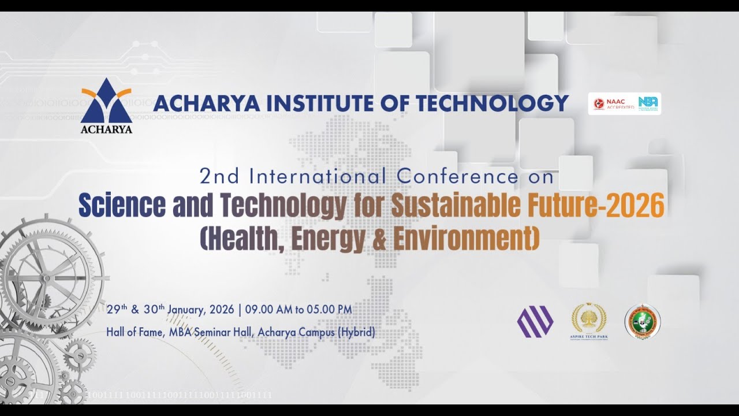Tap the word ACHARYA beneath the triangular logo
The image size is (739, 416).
tap(106, 129)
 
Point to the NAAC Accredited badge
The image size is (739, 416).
tap(613, 104)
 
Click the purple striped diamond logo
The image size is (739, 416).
tap(535, 321)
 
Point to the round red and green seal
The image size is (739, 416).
tap(643, 320)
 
